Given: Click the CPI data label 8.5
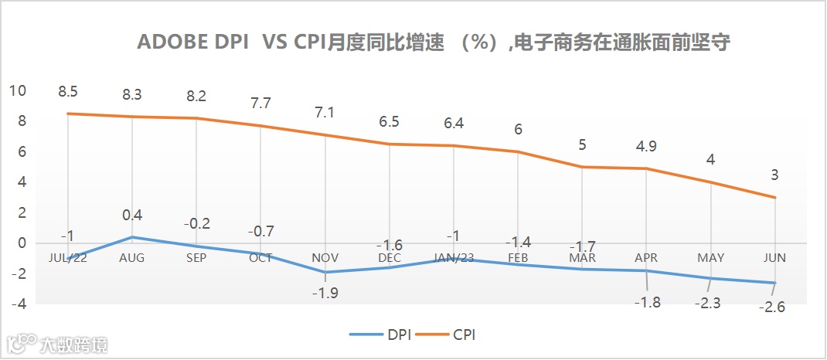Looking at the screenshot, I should tap(68, 93).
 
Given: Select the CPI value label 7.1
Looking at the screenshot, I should tap(325, 113).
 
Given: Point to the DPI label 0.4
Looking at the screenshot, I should tap(132, 216).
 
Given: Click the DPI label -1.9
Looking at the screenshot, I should tap(325, 292).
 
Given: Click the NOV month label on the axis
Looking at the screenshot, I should tap(325, 257).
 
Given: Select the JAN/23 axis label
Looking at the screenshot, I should tap(454, 257).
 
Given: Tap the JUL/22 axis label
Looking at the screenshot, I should tap(68, 257).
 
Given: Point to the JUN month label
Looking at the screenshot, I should tap(774, 257).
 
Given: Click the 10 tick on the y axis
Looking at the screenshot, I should tap(18, 91).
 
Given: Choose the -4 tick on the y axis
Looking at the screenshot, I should tap(18, 304).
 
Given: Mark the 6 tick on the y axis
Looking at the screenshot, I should tap(22, 152).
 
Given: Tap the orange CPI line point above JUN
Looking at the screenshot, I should tap(774, 197).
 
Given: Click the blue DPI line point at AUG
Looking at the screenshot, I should tap(132, 236).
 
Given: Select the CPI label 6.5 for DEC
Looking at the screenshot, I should tap(390, 122).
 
